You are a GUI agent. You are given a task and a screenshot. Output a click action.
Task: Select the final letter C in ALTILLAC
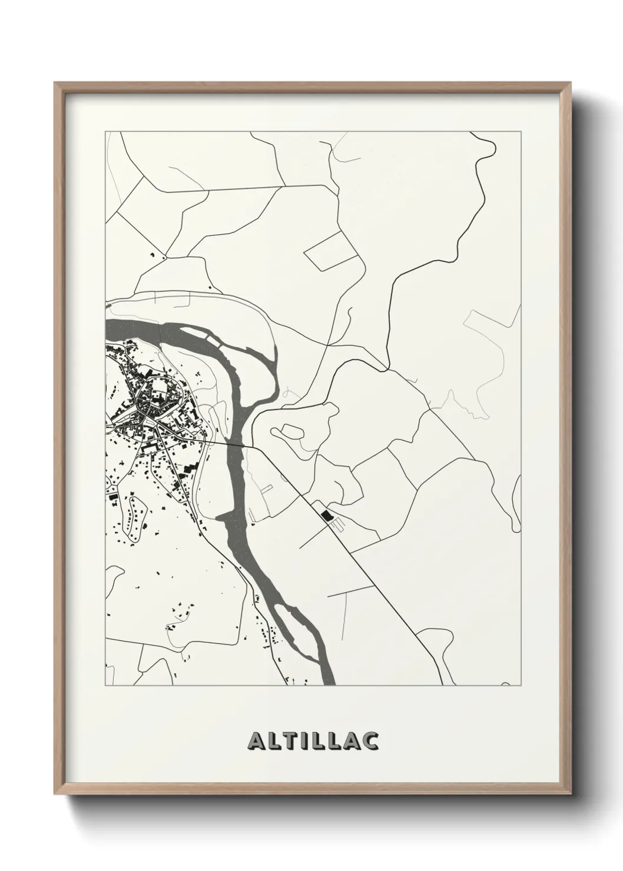click(x=370, y=741)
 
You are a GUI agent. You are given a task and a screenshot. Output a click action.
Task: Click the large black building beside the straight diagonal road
click(x=326, y=516)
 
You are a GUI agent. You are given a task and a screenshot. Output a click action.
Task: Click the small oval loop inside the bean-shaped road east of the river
click(x=289, y=432)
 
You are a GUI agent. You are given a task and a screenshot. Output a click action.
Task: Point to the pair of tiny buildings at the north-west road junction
click(x=157, y=255)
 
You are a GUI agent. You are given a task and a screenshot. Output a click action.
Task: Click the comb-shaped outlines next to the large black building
click(x=335, y=521)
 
